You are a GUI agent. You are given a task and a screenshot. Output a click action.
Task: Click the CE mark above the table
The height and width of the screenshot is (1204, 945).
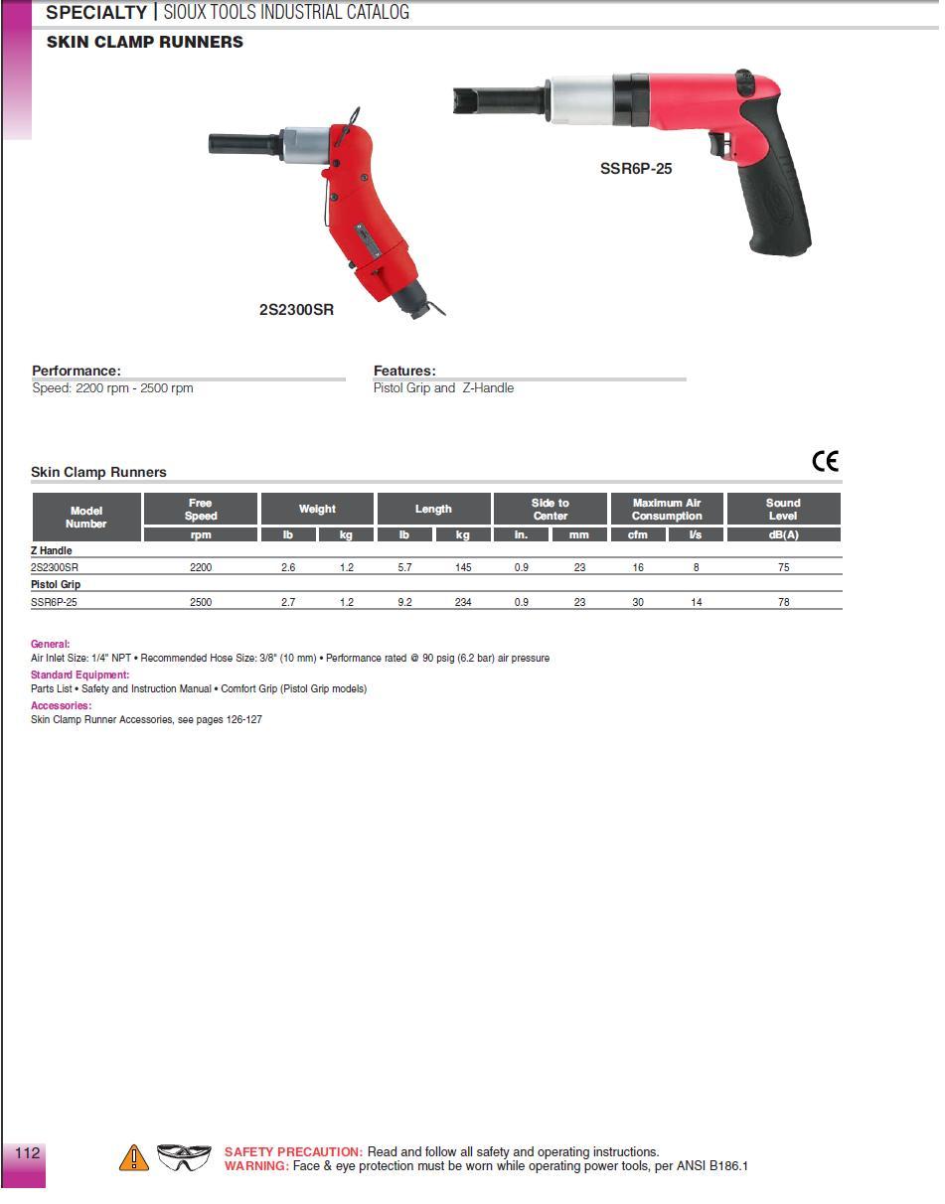coord(825,461)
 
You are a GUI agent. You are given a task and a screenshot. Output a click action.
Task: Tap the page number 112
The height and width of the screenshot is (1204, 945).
coord(27,1153)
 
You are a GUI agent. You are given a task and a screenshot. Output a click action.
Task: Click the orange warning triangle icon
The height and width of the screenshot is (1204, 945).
coord(133,1158)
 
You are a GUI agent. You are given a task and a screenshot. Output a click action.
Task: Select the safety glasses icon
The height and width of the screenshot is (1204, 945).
coord(185,1157)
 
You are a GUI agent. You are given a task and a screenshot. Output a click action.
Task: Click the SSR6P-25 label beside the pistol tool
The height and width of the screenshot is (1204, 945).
coord(636,169)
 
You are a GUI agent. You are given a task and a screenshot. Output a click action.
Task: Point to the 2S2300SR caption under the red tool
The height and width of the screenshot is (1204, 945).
coord(296,310)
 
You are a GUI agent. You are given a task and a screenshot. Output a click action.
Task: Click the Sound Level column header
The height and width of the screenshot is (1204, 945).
coord(783,510)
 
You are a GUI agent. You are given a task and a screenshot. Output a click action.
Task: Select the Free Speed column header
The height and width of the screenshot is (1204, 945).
coord(201,510)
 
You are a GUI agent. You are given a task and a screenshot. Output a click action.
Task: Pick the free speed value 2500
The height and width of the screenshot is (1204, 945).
coord(201,602)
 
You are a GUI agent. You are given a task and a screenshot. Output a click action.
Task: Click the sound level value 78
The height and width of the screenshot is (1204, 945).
coord(783,602)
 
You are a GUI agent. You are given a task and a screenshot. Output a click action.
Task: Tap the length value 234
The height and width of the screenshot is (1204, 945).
coord(463,602)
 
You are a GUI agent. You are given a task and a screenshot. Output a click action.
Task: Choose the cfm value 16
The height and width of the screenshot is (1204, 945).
coord(638,567)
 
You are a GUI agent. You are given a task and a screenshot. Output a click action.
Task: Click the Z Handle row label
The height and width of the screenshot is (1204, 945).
coord(52,550)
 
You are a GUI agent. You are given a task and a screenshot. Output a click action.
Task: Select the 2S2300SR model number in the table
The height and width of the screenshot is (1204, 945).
coord(55,567)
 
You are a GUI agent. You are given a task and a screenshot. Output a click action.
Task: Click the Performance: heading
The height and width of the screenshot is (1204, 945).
coord(77,371)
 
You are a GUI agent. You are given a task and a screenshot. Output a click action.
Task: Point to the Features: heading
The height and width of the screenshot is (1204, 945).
coord(404,371)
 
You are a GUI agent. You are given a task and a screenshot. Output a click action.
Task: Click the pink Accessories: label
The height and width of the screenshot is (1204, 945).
coord(61,705)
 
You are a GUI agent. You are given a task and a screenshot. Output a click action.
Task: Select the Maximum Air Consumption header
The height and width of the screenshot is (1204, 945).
coord(667,510)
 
